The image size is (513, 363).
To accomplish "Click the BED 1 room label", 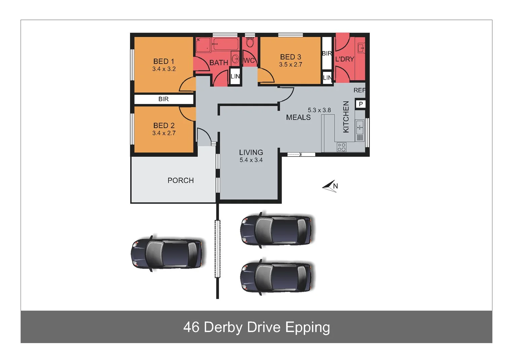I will point(164,62).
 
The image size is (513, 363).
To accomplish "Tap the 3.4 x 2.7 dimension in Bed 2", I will point(164,133).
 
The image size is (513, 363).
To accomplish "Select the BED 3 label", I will point(290,57).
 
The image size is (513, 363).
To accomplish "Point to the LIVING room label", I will point(251,153).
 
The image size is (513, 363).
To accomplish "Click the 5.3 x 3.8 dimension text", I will point(319,110).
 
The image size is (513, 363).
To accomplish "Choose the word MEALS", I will point(298,118).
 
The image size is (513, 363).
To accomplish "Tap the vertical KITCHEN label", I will point(346,117).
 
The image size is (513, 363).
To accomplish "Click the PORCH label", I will point(181,180).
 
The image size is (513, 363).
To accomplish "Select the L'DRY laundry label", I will point(345,59).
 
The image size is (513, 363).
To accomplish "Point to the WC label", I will point(249,61).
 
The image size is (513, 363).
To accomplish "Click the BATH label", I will point(219,63).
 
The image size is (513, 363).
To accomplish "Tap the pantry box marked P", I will point(361,104).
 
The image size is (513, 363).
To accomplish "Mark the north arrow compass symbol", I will point(330,186).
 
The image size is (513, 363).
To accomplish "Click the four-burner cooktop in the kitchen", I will point(342,147).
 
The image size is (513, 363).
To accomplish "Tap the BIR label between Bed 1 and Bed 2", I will point(163,99).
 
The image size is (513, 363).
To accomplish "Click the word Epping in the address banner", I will point(307,327).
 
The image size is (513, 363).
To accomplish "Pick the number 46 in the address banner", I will point(191,327).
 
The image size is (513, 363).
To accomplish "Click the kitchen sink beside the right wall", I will point(360,127).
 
